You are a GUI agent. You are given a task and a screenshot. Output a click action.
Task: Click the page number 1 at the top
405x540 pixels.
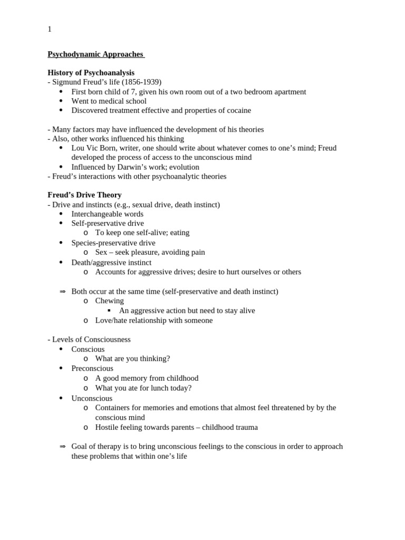click(x=50, y=30)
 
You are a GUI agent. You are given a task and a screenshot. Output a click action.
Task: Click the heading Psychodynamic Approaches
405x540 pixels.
click(x=95, y=54)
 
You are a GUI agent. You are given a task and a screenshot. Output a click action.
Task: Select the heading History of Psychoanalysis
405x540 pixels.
click(x=91, y=73)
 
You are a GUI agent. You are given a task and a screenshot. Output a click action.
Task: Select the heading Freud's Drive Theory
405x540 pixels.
click(x=84, y=195)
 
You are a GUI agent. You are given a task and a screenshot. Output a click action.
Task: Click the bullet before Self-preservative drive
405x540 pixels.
click(x=61, y=224)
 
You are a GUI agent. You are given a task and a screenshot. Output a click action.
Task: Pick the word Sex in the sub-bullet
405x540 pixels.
click(x=101, y=253)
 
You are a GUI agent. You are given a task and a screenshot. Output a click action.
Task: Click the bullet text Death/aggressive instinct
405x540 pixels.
click(x=111, y=263)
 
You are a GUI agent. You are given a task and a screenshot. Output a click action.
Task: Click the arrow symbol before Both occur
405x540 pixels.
click(x=62, y=292)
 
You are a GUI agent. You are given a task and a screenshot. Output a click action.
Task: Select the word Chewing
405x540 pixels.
click(x=110, y=301)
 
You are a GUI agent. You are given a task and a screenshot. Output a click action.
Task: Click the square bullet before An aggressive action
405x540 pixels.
click(x=109, y=311)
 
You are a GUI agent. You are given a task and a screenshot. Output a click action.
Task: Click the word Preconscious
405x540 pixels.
click(x=92, y=369)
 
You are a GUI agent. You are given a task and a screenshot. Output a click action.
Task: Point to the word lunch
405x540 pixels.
click(x=153, y=388)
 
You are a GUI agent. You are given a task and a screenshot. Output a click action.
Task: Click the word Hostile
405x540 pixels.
click(x=107, y=427)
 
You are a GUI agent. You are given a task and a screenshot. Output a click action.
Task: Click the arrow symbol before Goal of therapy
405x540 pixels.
click(x=62, y=447)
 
